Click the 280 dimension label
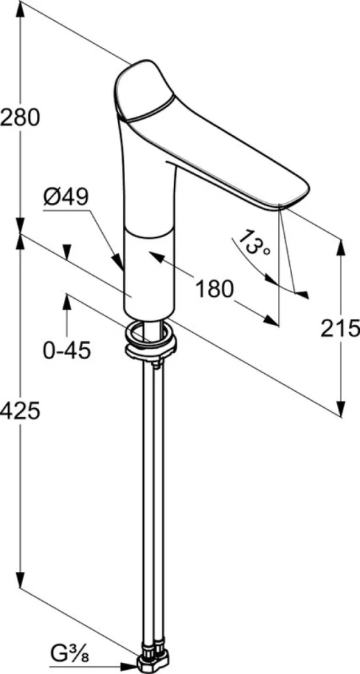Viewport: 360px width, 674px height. tap(19, 117)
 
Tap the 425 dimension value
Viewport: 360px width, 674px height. tap(19, 411)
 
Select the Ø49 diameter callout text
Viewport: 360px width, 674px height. tap(66, 197)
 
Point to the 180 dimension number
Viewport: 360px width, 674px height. tap(214, 289)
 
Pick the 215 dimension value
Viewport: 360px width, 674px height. tap(341, 329)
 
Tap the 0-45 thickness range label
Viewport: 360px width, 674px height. tap(67, 351)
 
